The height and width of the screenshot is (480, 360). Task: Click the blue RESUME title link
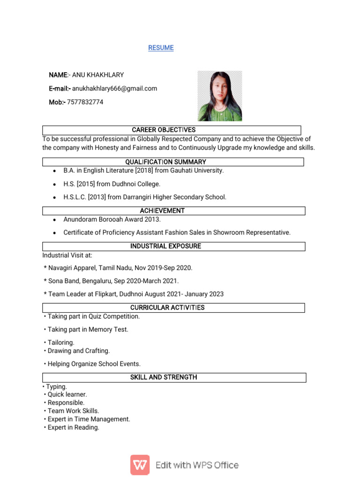161,48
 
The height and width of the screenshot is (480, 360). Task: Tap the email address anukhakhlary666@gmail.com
114,89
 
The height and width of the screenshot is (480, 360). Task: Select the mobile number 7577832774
85,102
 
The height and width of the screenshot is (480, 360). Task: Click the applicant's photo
219,96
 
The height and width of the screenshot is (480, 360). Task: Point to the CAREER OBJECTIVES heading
164,130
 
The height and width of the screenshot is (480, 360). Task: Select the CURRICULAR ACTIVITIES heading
167,308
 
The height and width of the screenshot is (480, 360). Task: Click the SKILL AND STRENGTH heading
164,377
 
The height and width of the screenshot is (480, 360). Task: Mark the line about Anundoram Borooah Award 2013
112,219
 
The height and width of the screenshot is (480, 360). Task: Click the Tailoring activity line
61,343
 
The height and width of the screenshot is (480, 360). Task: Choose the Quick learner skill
67,395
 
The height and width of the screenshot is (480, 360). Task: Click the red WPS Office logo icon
140,465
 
